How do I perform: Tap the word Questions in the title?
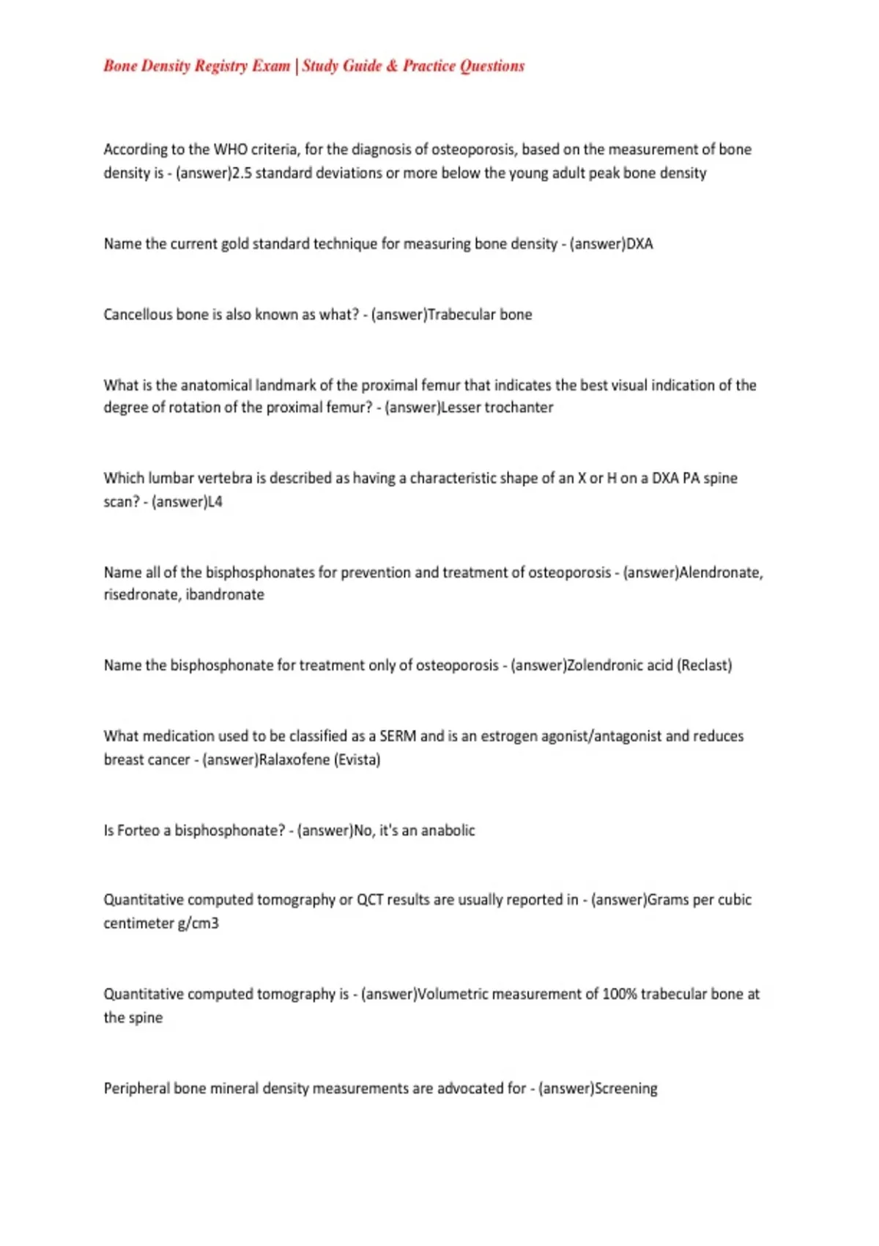492,66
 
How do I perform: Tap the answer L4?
214,502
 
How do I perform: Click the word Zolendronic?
604,666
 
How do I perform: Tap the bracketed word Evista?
357,760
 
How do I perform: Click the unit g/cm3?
198,924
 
